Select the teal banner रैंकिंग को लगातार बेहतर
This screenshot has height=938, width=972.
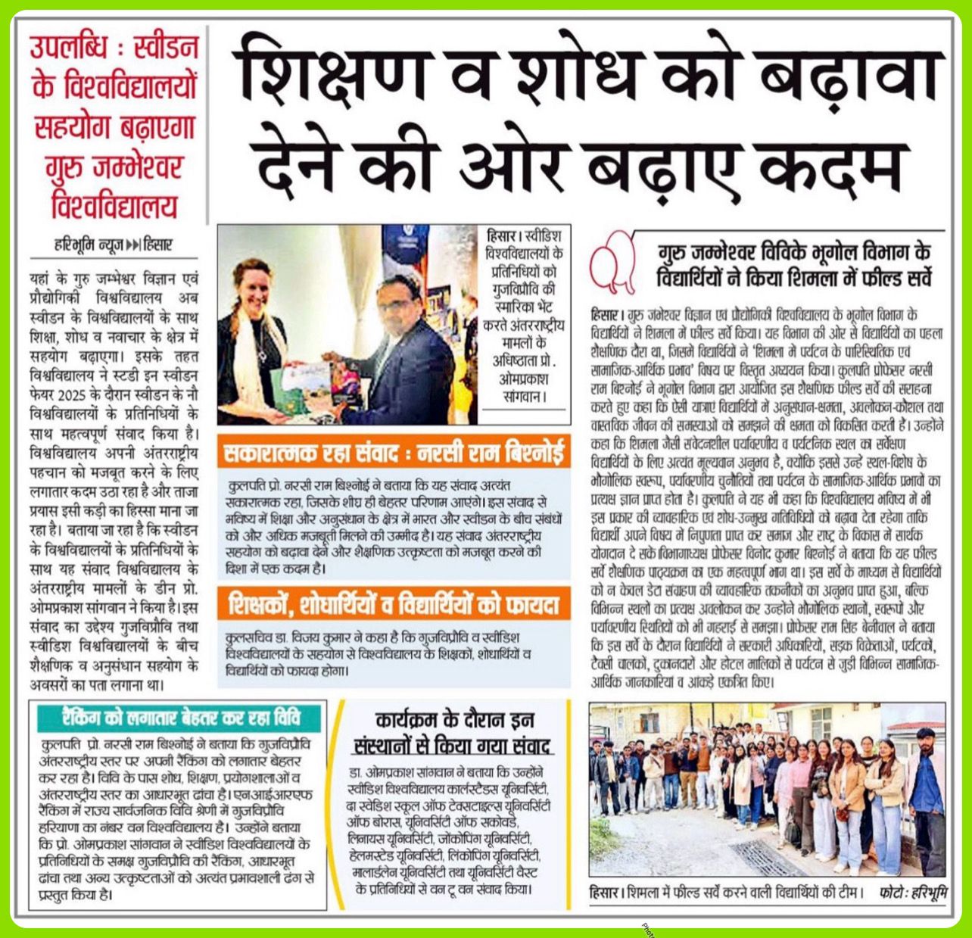coord(180,717)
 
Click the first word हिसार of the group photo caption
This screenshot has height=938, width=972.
coord(605,892)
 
